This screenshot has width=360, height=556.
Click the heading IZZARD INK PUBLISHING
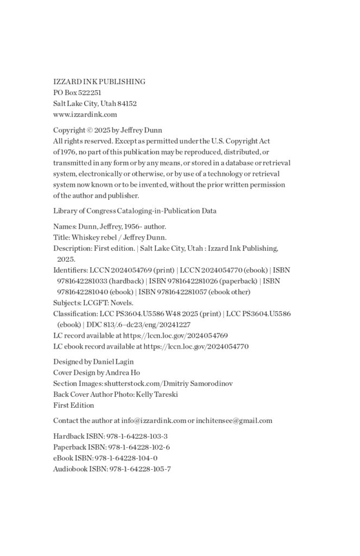pos(99,81)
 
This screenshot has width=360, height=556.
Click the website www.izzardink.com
pos(85,114)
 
